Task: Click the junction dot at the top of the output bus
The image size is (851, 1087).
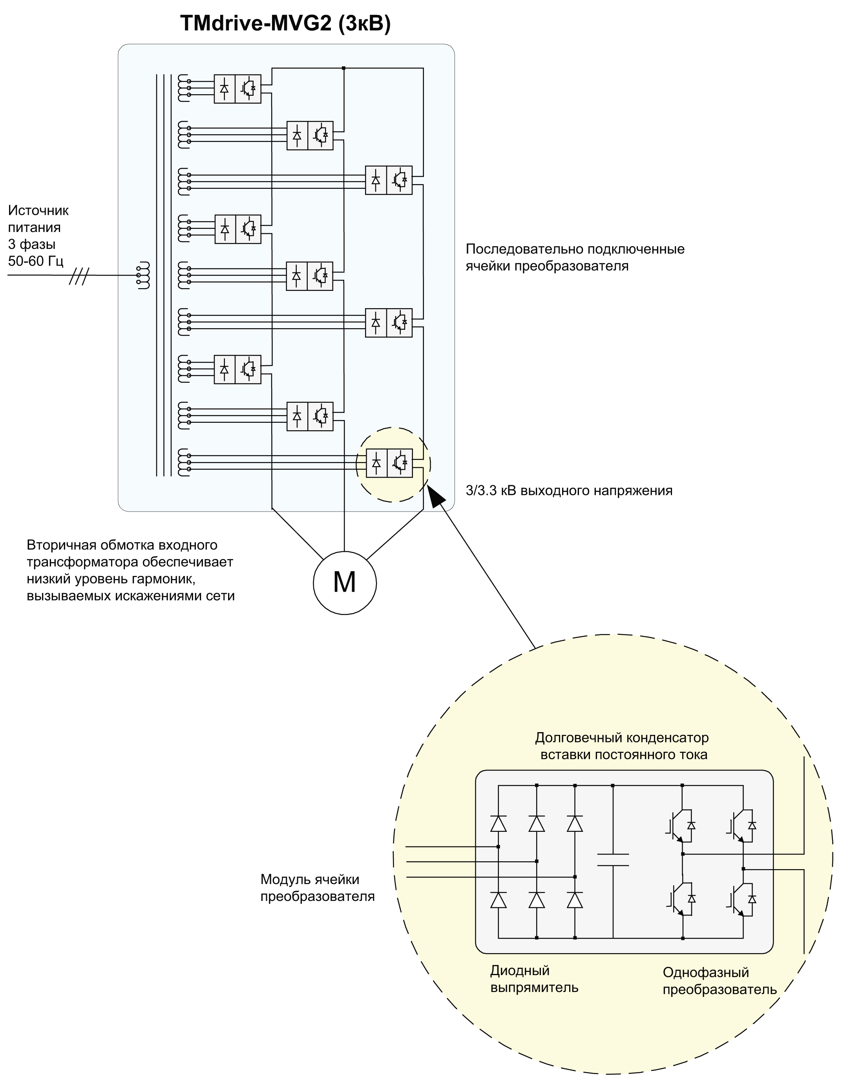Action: (x=344, y=68)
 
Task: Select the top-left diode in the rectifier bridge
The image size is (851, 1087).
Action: (x=498, y=824)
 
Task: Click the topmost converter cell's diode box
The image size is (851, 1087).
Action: (x=224, y=89)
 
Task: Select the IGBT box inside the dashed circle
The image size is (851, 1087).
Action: (x=400, y=463)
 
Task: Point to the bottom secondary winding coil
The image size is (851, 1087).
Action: (x=184, y=463)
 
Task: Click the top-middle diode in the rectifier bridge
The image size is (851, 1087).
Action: (x=537, y=824)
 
